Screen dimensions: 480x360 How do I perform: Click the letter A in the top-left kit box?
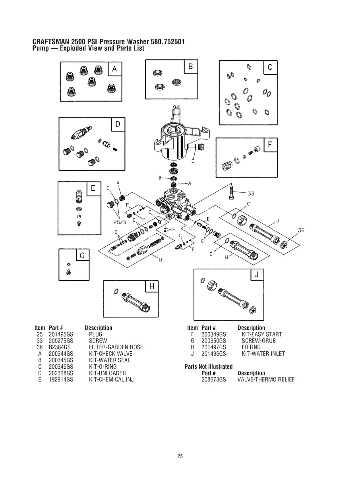(114, 69)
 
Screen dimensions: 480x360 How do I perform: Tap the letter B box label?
(190, 67)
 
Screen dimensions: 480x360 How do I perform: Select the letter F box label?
(270, 145)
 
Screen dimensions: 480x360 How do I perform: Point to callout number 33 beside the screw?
(251, 194)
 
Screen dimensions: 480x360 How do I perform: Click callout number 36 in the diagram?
(301, 230)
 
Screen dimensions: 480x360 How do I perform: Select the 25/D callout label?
(120, 222)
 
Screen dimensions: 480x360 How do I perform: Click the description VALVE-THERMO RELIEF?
(266, 379)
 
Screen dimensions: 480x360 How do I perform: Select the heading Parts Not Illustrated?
(209, 366)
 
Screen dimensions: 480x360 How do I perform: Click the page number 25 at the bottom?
(180, 457)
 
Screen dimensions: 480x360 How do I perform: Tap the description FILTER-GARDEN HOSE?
(116, 347)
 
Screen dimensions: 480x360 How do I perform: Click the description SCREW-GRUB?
(258, 341)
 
